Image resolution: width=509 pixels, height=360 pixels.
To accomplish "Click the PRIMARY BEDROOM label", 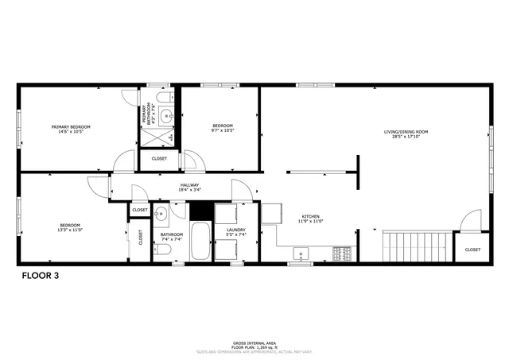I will tap(71, 127).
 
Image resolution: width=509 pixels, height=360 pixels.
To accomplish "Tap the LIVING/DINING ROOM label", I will tap(406, 132).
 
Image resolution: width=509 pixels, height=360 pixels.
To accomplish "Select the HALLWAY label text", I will tap(189, 185).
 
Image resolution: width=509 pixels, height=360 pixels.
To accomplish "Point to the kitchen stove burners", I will tap(343, 254).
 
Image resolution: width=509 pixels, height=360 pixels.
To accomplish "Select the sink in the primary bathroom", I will tap(167, 117).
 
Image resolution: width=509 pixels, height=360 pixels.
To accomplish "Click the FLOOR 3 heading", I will tap(39, 276).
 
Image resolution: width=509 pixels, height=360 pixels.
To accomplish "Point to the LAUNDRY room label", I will tap(236, 230).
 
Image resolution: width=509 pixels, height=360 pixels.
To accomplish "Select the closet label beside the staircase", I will tap(472, 250).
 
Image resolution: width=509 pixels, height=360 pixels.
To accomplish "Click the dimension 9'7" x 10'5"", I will tap(222, 131).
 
